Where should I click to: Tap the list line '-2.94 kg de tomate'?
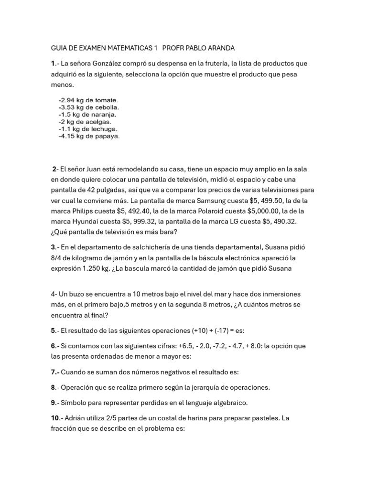[x=87, y=100]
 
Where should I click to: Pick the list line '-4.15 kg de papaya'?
[x=89, y=136]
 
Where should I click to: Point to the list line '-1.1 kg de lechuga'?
[x=88, y=129]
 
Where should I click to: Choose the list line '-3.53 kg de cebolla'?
[x=88, y=107]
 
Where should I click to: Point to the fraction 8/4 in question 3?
[x=58, y=258]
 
